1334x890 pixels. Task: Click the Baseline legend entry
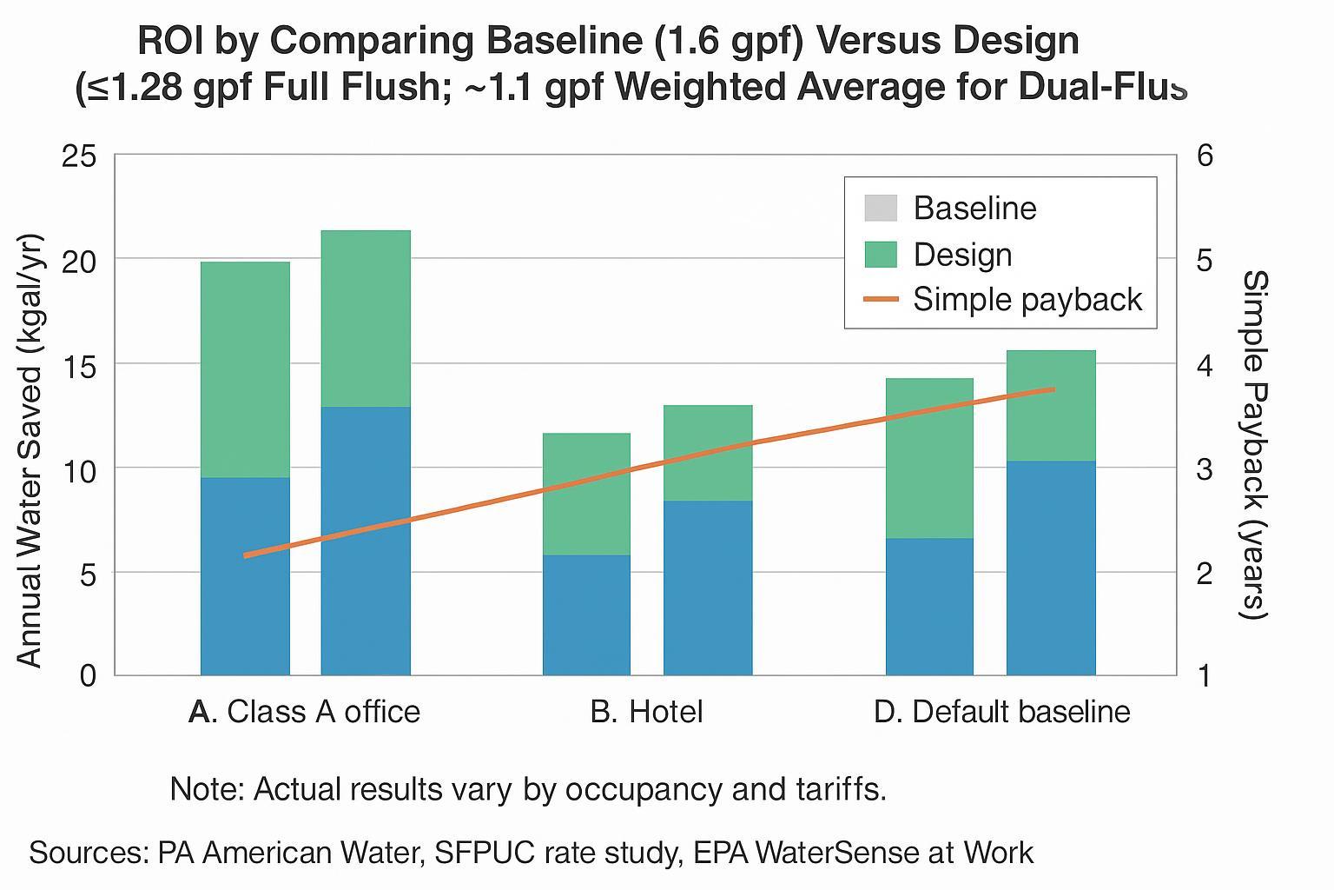click(950, 209)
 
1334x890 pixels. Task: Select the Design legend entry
click(938, 255)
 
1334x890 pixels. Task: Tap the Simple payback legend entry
click(1002, 300)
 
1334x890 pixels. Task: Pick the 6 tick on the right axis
click(1205, 156)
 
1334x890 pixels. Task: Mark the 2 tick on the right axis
click(1205, 574)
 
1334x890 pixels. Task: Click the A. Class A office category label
click(304, 712)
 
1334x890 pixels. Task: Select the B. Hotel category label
click(646, 712)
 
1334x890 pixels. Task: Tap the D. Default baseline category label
click(1001, 712)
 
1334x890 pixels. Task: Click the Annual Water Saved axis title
click(30, 450)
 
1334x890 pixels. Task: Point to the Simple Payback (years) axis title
click(1256, 445)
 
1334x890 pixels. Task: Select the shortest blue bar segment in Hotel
click(586, 614)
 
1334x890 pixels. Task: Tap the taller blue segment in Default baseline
click(1051, 568)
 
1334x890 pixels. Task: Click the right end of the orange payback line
click(1053, 389)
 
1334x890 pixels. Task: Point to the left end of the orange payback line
click(246, 555)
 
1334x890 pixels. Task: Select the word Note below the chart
click(207, 789)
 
